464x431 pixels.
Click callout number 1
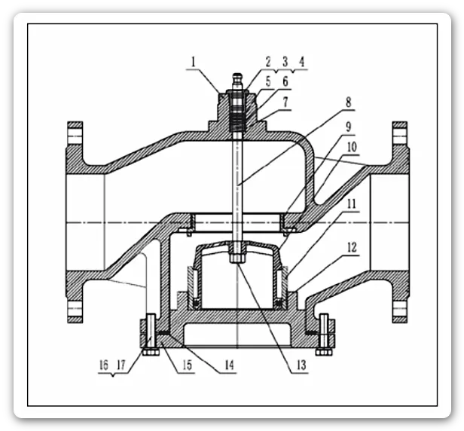point(194,63)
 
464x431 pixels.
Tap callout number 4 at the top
point(301,62)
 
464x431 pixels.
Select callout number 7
point(285,102)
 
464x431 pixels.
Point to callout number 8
point(348,102)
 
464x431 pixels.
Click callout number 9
point(348,127)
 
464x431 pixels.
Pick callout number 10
point(352,147)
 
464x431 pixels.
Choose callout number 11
point(352,204)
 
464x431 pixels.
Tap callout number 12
point(352,248)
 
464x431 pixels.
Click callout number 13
point(301,365)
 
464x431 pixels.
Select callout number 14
point(229,365)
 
